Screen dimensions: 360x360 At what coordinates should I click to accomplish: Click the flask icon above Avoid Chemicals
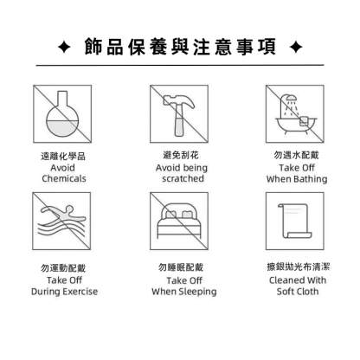pyautogui.click(x=62, y=114)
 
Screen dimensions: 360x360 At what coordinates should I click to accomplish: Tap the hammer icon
pyautogui.click(x=179, y=115)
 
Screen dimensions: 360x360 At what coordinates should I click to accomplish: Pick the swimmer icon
pyautogui.click(x=61, y=221)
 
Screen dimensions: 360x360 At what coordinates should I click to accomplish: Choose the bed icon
pyautogui.click(x=179, y=221)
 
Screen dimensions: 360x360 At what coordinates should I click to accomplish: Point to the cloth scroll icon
pyautogui.click(x=295, y=221)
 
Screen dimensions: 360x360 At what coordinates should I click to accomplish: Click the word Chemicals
pyautogui.click(x=64, y=178)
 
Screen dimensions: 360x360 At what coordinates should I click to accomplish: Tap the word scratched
pyautogui.click(x=183, y=178)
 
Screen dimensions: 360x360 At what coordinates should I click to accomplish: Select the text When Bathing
pyautogui.click(x=297, y=179)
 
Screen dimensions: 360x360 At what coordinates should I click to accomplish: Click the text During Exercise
pyautogui.click(x=64, y=292)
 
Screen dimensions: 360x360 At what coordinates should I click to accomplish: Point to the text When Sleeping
pyautogui.click(x=184, y=292)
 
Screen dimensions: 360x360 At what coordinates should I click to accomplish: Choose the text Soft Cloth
pyautogui.click(x=298, y=292)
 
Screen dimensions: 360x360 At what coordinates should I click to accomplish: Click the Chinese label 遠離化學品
pyautogui.click(x=63, y=156)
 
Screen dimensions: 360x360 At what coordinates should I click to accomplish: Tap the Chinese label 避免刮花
pyautogui.click(x=181, y=155)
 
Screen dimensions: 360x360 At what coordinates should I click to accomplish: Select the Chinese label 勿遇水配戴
pyautogui.click(x=296, y=155)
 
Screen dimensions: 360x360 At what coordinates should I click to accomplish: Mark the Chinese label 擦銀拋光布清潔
pyautogui.click(x=299, y=267)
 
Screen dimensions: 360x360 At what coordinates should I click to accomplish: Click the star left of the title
pyautogui.click(x=64, y=47)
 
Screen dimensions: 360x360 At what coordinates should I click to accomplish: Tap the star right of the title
pyautogui.click(x=296, y=47)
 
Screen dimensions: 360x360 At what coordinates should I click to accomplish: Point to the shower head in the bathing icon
pyautogui.click(x=292, y=97)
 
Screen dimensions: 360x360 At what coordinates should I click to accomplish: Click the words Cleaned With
pyautogui.click(x=298, y=280)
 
